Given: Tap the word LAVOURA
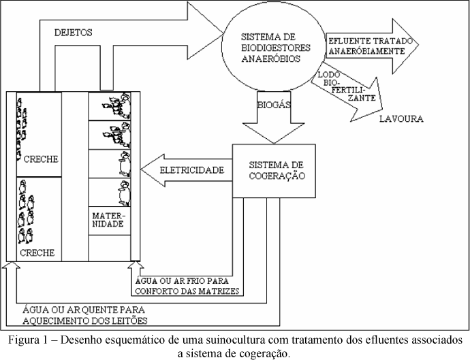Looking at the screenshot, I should (401, 118).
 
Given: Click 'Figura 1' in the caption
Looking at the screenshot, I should (28, 340).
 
